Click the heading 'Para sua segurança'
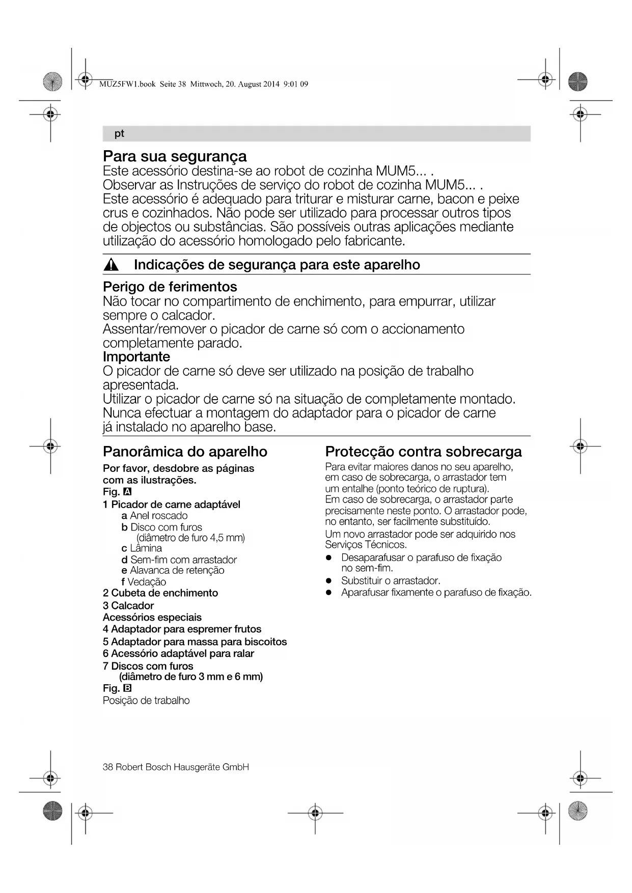[x=175, y=156]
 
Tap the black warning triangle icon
[x=111, y=265]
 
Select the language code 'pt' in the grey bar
[x=119, y=133]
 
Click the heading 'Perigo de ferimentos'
[x=170, y=287]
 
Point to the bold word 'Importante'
[x=136, y=356]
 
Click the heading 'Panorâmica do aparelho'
[x=185, y=452]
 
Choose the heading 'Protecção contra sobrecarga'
[x=423, y=452]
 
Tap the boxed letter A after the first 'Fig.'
[x=127, y=492]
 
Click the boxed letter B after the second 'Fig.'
[x=127, y=688]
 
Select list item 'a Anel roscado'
[x=154, y=516]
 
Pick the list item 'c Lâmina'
[x=142, y=548]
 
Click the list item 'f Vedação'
[x=144, y=582]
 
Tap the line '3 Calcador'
[x=128, y=605]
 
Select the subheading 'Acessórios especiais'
[x=152, y=617]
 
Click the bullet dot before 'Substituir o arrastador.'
[x=329, y=581]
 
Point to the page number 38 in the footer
[x=107, y=767]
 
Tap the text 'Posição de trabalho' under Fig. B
[x=146, y=701]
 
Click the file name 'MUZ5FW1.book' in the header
[x=127, y=85]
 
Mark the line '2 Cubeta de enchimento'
[x=160, y=593]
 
